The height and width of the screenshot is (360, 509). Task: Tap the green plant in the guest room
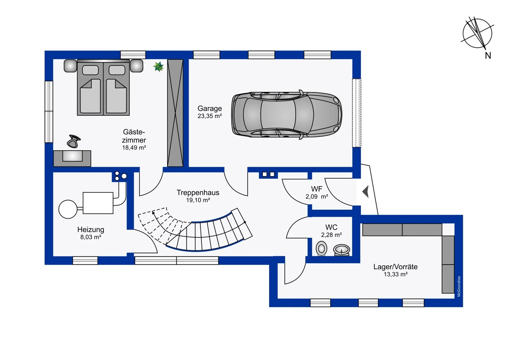(x=158, y=67)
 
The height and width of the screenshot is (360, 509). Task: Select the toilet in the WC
(x=322, y=248)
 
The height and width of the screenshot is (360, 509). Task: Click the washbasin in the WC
(x=341, y=250)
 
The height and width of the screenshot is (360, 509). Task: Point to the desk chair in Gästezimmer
(x=74, y=141)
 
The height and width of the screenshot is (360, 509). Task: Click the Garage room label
(x=209, y=108)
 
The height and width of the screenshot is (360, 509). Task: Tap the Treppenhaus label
(x=198, y=192)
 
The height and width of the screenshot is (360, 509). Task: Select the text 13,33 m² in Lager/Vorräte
(x=396, y=274)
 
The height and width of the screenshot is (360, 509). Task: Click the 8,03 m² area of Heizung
(x=91, y=237)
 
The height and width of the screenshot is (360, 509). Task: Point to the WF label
(x=317, y=189)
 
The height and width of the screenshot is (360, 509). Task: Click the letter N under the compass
(x=488, y=55)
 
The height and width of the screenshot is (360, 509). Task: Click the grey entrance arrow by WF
(x=365, y=192)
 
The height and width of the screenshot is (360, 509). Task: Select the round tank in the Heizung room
(x=68, y=209)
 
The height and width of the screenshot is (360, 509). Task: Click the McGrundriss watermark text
(x=459, y=286)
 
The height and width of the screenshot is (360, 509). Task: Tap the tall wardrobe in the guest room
(x=175, y=113)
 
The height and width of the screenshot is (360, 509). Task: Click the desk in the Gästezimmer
(x=72, y=158)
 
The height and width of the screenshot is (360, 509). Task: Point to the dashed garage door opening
(x=357, y=113)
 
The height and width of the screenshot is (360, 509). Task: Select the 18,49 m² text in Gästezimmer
(x=134, y=148)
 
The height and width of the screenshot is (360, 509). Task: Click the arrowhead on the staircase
(x=154, y=213)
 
